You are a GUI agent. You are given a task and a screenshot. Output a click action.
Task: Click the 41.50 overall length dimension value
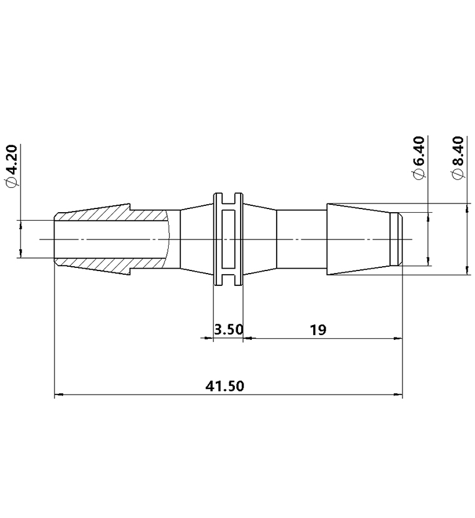point(224,386)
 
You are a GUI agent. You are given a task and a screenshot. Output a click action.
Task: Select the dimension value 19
point(317,329)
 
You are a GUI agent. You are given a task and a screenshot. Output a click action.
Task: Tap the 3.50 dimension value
point(228,329)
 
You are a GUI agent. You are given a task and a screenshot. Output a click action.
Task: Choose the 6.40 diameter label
point(419,150)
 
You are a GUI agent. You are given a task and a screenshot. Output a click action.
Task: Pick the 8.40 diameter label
point(458,150)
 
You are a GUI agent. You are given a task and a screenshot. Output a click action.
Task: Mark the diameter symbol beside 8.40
point(458,175)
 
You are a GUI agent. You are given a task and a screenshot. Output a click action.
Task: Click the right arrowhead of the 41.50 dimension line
point(398,395)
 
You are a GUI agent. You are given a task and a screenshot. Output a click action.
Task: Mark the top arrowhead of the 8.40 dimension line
point(466,208)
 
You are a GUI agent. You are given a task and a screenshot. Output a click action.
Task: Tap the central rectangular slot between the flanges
point(228,239)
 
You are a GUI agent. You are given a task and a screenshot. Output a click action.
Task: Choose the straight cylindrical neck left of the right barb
point(301,239)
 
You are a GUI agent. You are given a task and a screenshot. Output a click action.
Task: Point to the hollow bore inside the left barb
point(112,239)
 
